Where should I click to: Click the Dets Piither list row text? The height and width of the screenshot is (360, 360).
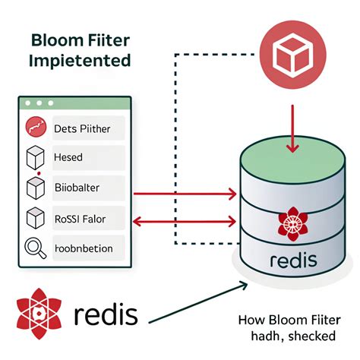pos(82,129)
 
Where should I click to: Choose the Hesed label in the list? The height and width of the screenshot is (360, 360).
pos(69,158)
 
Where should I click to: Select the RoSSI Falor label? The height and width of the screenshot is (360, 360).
pos(81,219)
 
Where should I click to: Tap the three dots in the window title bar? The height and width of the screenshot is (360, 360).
pos(38,103)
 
